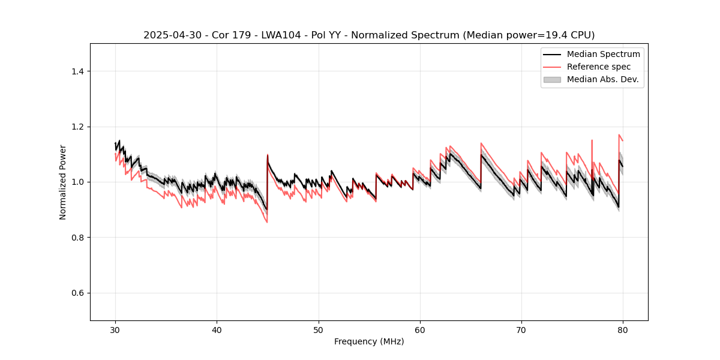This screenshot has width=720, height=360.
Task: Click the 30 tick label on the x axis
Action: [x=115, y=330]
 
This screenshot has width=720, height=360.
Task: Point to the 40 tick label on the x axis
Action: [x=217, y=330]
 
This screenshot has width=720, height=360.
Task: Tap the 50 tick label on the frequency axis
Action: [x=318, y=330]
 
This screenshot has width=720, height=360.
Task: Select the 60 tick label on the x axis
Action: [x=420, y=330]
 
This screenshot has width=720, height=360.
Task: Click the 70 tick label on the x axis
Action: [x=521, y=330]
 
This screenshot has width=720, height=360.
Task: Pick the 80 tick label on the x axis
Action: [x=623, y=330]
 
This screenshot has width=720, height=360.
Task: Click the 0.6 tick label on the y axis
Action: [x=77, y=293]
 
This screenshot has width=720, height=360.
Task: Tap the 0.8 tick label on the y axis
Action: [x=77, y=238]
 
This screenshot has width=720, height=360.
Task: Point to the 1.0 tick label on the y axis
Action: [x=77, y=182]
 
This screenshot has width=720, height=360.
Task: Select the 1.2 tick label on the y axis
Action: [x=77, y=127]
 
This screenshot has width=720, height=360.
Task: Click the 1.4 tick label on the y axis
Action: [x=77, y=71]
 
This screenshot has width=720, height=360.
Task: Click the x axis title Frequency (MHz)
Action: [x=369, y=341]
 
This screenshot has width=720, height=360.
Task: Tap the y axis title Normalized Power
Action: [x=63, y=182]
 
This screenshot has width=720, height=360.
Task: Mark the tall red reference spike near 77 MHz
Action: [x=592, y=142]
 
